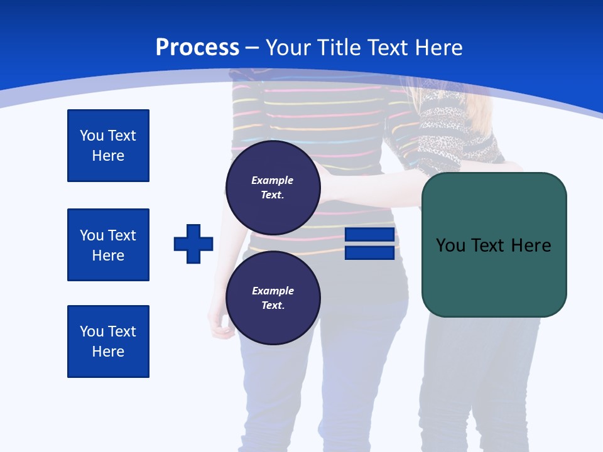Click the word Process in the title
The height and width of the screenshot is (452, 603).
pos(197,47)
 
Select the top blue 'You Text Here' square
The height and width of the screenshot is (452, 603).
pos(108,146)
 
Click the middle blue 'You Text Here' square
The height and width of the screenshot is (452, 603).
pos(108,245)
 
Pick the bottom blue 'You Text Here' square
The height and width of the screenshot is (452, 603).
pos(108,341)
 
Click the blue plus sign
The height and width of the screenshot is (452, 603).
pos(193,244)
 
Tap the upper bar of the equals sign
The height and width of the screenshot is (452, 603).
pos(369,235)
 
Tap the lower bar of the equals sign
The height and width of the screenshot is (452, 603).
pos(369,252)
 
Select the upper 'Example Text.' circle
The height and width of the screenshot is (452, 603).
pos(273,187)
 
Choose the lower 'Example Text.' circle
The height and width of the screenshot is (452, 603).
pos(273,298)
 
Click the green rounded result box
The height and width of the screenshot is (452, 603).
pos(494,276)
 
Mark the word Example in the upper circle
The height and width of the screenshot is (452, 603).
pos(273,180)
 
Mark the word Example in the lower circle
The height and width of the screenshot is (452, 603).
pos(273,291)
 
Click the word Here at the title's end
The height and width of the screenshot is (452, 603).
pos(439,47)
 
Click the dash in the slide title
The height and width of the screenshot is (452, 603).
pos(253,48)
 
